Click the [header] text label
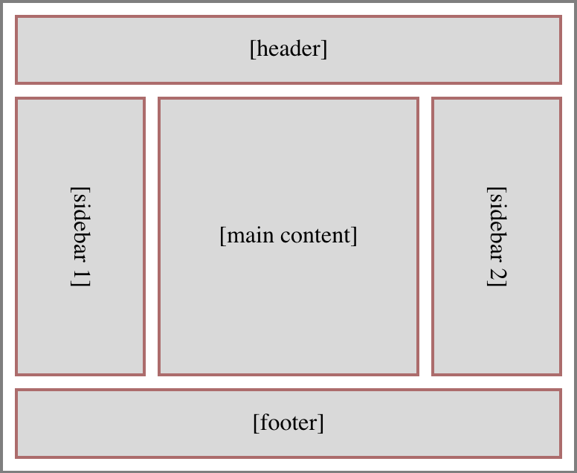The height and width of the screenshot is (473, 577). (x=288, y=49)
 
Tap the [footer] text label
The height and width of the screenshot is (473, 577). (x=288, y=423)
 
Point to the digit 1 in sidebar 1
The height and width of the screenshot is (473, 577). (x=80, y=277)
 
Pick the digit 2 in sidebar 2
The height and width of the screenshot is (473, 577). (x=497, y=277)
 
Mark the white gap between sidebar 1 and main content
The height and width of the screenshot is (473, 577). (x=152, y=236)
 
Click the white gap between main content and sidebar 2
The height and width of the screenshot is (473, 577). (x=425, y=236)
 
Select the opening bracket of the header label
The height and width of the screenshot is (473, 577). (x=253, y=49)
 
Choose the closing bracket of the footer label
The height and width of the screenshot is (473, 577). (x=321, y=423)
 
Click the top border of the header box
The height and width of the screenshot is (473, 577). (x=288, y=17)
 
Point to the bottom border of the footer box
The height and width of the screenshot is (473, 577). (x=288, y=456)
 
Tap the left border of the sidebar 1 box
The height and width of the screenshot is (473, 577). (x=16, y=236)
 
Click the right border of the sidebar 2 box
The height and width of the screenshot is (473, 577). (x=560, y=236)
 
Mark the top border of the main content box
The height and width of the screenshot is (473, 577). (x=288, y=99)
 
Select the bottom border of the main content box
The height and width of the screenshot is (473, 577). (x=288, y=373)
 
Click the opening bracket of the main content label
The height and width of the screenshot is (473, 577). (x=222, y=236)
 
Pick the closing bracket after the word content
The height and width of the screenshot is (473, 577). (x=355, y=236)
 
